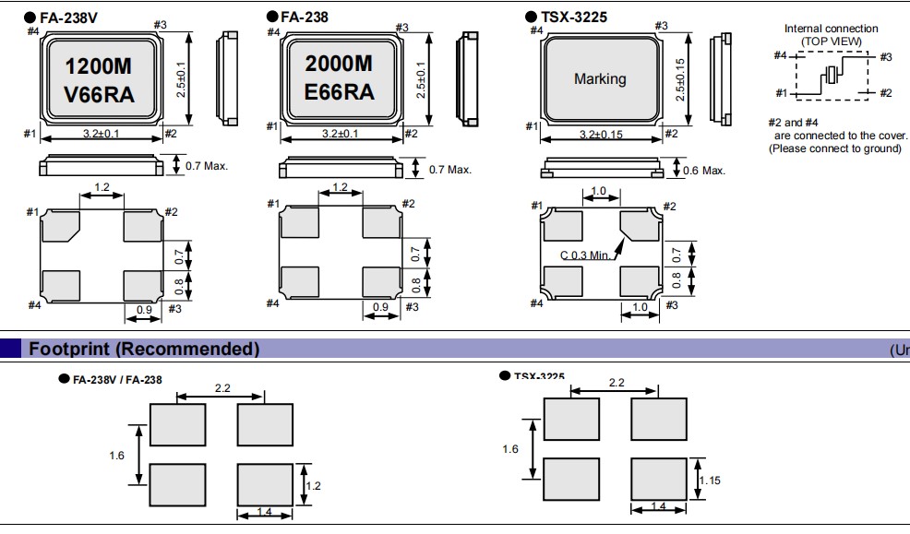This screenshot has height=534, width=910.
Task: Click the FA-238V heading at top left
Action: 69,17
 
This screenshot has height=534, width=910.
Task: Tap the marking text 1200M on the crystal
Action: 100,66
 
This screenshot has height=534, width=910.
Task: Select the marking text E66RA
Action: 340,91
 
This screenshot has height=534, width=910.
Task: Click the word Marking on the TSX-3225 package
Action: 600,78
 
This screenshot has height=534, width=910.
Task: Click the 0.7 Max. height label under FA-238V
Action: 207,166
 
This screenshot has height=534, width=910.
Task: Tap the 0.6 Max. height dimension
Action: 703,170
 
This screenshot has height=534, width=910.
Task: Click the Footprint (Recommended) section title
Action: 144,349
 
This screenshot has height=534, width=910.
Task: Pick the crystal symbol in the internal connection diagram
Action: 832,76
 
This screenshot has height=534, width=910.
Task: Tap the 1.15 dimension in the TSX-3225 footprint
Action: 710,481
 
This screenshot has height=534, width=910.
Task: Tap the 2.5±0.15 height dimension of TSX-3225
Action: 681,78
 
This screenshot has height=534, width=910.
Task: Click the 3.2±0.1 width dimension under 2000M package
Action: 341,135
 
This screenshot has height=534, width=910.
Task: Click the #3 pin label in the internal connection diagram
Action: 885,57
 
